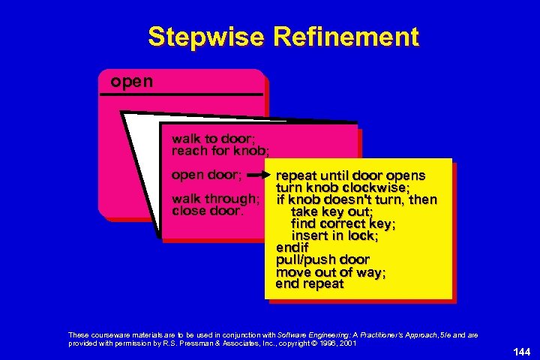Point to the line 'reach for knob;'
(220, 151)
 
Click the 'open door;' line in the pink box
(206, 175)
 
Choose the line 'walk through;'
(216, 199)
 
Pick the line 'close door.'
(208, 211)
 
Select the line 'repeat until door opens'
(350, 175)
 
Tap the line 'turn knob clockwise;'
(342, 187)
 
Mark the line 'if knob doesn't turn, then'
(356, 199)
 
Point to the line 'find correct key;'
(343, 223)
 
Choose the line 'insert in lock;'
(334, 235)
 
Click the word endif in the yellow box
(292, 247)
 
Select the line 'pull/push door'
(322, 259)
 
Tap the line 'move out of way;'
(331, 271)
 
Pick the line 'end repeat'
(310, 283)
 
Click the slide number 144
(521, 351)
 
